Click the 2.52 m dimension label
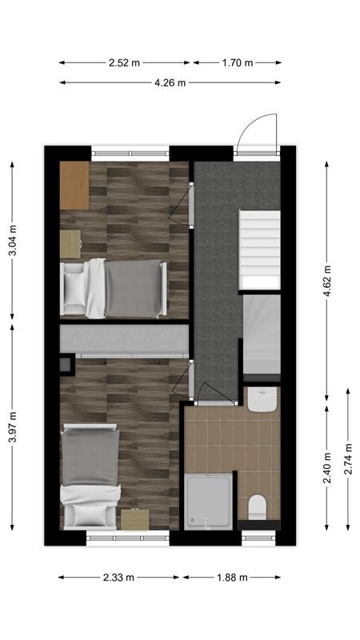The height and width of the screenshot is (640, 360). click(x=123, y=62)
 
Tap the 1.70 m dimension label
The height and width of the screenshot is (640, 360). click(x=238, y=62)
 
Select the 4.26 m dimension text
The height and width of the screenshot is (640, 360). click(x=170, y=82)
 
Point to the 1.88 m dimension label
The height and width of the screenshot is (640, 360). click(x=232, y=578)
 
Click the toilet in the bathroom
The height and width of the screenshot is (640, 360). click(x=257, y=506)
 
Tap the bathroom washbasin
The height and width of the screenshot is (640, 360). click(x=262, y=399)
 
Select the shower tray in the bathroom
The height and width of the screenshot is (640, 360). click(x=210, y=500)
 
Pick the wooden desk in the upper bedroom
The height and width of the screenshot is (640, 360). click(x=74, y=186)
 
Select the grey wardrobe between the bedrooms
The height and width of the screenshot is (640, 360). click(x=124, y=339)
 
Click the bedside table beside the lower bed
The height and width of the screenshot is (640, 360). click(x=134, y=519)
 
